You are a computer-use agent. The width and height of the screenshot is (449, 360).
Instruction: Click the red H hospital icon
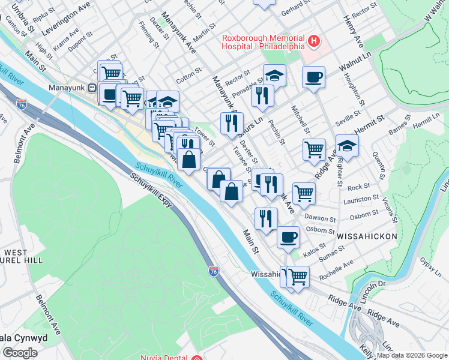pyautogui.click(x=313, y=41)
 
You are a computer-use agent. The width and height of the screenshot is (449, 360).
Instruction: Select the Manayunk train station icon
pyautogui.click(x=92, y=87)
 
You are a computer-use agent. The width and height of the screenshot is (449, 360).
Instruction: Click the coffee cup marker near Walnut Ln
pyautogui.click(x=313, y=77)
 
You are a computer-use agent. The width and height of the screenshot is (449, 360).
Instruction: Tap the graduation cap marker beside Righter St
pyautogui.click(x=347, y=146)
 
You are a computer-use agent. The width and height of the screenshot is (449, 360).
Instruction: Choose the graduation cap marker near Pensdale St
pyautogui.click(x=274, y=76)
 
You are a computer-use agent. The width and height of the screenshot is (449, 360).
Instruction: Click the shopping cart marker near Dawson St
pyautogui.click(x=304, y=193)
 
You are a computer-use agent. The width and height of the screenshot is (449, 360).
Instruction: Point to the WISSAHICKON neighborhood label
pyautogui.click(x=367, y=237)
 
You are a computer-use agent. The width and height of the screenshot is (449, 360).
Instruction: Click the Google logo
pyautogui.click(x=20, y=353)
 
